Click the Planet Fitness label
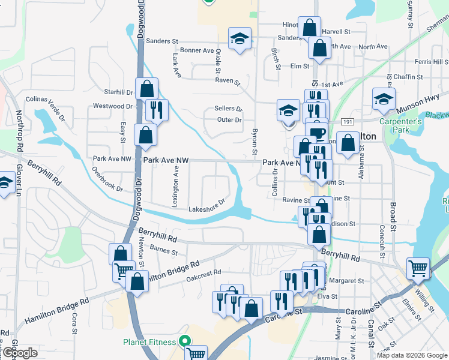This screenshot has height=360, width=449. pos(150,342)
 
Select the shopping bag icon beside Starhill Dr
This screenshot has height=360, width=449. pos(146,89)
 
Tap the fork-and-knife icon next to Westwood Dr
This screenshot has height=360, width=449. pos(157,110)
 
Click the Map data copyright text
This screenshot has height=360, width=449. pos(412,355)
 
